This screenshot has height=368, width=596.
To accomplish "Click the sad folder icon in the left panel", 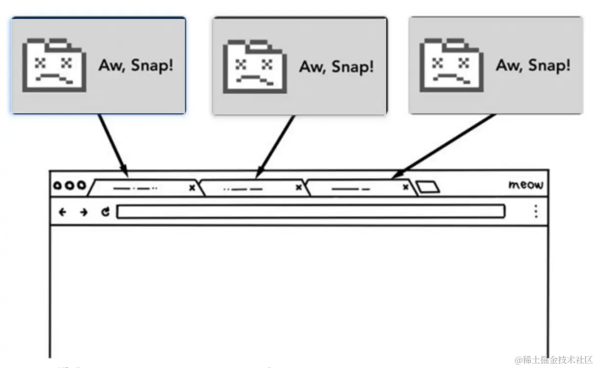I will point(54,65).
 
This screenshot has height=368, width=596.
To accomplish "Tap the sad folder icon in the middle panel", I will point(254,66).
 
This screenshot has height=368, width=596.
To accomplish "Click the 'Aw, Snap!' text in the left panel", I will point(136,65).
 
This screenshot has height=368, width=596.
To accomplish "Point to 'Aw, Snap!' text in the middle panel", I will point(337,66).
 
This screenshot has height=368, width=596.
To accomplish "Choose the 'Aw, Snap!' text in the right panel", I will point(533,65).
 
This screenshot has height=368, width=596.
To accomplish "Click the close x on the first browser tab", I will point(192,188).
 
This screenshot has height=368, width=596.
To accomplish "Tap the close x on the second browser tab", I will point(298,188).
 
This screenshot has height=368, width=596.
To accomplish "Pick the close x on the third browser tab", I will point(405,187).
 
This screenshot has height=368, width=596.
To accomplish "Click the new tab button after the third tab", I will point(428,187).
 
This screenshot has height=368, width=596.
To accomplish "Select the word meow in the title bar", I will point(526,185).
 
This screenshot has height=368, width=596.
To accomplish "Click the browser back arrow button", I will point(62,212).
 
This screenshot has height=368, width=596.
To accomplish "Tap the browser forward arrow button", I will point(84,212).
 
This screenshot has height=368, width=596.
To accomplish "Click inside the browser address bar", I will point(310,212).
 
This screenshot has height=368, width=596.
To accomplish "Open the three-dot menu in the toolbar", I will point(536,211).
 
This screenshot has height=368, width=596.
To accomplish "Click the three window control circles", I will point(69,186).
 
